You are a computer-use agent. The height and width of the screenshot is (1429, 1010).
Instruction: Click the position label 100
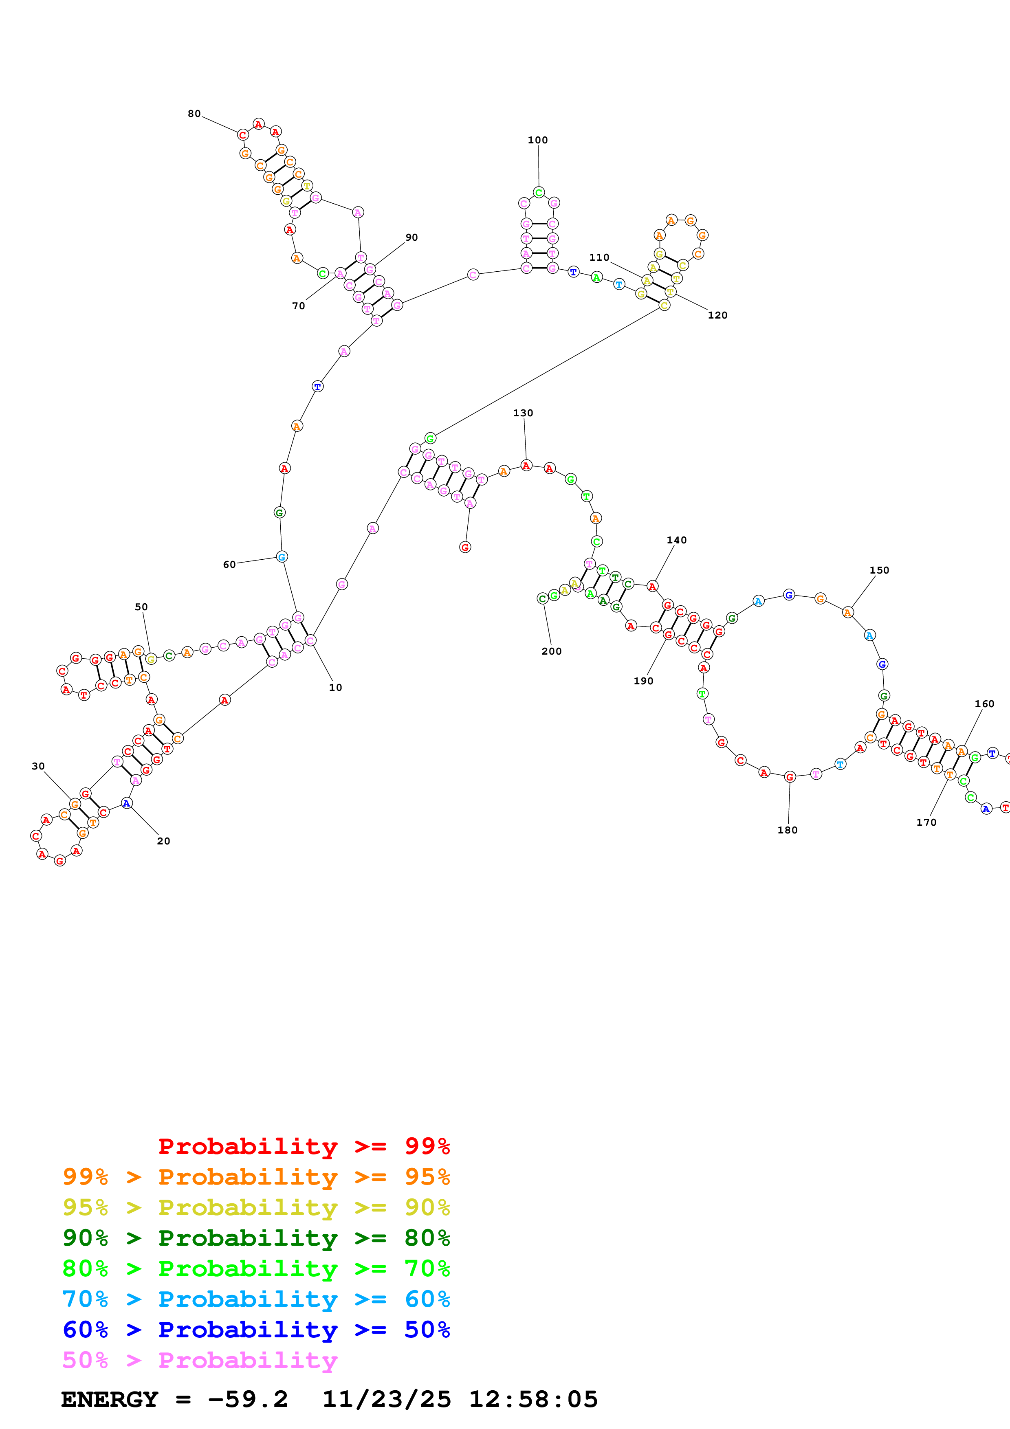538,140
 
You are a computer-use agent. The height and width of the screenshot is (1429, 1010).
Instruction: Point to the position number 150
879,570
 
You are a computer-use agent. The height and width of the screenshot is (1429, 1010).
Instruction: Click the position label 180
787,830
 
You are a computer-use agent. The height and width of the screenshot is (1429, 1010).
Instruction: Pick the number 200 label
551,651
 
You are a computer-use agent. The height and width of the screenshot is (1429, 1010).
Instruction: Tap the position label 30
38,766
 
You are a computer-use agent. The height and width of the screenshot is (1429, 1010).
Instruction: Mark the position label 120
717,315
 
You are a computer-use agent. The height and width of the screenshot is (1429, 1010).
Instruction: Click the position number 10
335,687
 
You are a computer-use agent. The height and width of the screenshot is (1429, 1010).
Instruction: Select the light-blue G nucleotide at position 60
281,557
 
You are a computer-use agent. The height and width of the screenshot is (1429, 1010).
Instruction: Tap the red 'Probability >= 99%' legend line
304,1146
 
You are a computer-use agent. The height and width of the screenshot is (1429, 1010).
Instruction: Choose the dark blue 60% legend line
256,1330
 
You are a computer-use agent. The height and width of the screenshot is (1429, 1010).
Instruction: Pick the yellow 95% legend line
256,1207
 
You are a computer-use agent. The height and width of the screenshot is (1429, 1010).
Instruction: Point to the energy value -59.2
248,1399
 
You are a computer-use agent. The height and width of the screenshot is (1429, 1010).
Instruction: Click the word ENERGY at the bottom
110,1399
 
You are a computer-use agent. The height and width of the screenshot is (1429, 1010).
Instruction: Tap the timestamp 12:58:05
533,1399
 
